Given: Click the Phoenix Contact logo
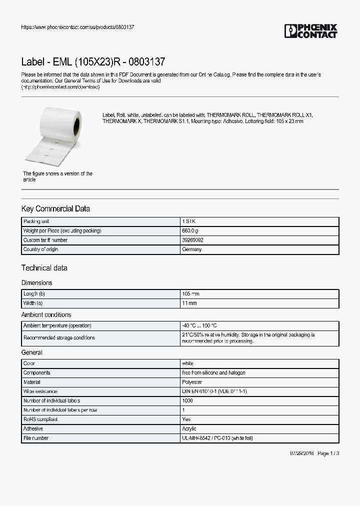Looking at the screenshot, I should click(310, 31).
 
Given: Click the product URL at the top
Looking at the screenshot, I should click(77, 27).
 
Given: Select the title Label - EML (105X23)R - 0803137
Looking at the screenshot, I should click(93, 62).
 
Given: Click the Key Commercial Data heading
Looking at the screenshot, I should click(55, 208).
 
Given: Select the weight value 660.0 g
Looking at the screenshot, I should click(190, 230).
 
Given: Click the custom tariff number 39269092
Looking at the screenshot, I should click(192, 240).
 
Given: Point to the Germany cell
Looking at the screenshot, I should click(192, 249).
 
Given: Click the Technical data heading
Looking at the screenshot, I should click(44, 267).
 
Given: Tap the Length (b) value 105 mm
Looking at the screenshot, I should click(190, 294).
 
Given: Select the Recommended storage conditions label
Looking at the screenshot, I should click(59, 337).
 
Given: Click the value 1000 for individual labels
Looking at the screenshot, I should click(187, 400).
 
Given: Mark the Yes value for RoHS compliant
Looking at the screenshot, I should click(186, 419).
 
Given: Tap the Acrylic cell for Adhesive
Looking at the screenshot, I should click(189, 428).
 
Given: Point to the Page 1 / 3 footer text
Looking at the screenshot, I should click(328, 453).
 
